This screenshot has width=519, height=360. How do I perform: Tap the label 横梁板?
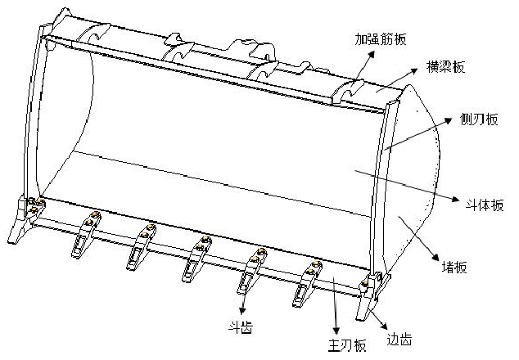pyautogui.click(x=446, y=67)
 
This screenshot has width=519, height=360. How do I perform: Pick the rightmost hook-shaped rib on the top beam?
pyautogui.click(x=352, y=90)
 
